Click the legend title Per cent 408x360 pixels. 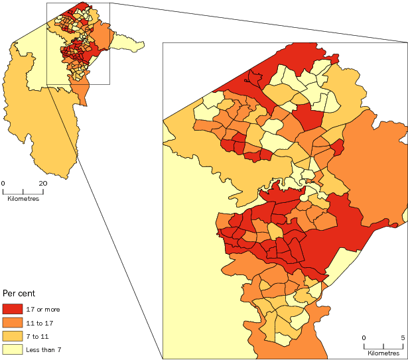pos(19,292)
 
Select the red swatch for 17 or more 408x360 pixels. pos(13,309)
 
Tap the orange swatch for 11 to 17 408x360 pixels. pos(13,322)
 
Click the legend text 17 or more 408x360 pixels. pos(42,310)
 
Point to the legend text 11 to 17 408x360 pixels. pos(38,323)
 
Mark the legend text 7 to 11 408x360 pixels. pos(36,336)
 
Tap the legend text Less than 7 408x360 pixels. pos(43,349)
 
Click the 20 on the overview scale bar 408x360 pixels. pos(42,183)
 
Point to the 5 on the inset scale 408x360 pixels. pos(402,338)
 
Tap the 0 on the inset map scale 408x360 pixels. pos(364,338)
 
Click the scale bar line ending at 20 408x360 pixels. pos(23,191)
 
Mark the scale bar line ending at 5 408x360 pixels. pos(383,345)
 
